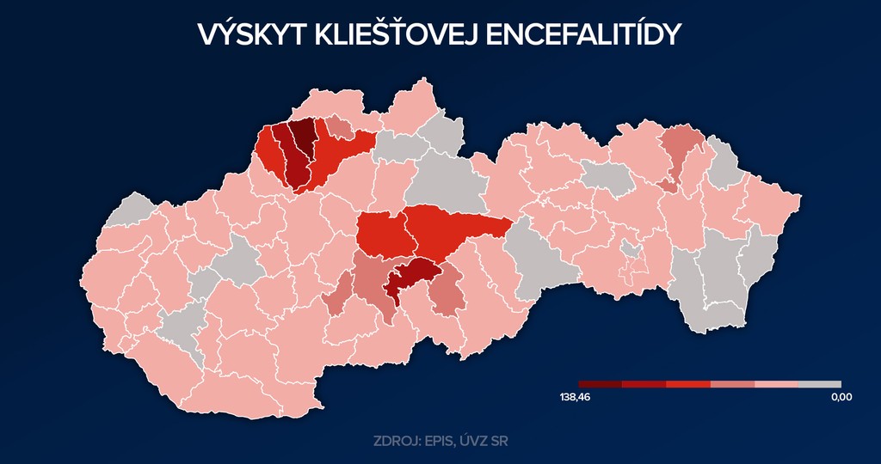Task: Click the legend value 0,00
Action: click(x=841, y=397)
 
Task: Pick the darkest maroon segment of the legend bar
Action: click(x=600, y=385)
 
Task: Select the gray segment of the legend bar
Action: click(x=819, y=385)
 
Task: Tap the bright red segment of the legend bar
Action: click(x=688, y=385)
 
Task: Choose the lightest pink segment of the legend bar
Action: click(x=776, y=385)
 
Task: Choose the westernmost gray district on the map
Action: click(x=125, y=211)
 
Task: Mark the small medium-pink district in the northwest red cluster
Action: click(x=338, y=127)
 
